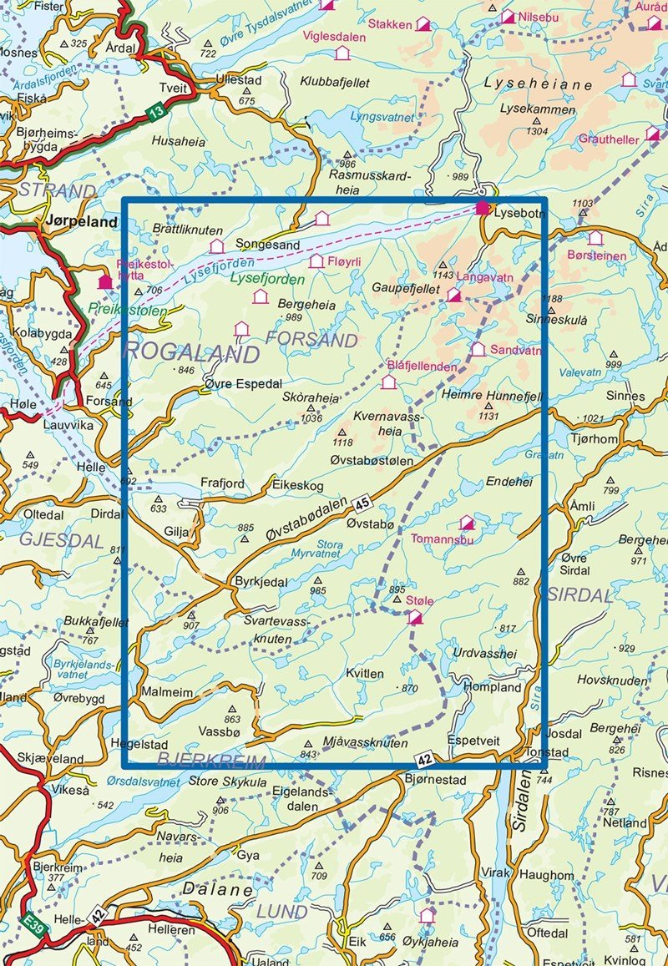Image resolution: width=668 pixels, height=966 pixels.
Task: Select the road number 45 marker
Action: (x=360, y=502)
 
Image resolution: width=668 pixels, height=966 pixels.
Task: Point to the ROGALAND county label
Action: (x=192, y=353)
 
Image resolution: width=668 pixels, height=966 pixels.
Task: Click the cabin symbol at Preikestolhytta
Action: (x=105, y=282)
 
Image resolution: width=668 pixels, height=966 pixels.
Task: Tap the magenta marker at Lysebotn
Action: (x=482, y=208)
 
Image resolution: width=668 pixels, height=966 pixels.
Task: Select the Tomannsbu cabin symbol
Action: (x=467, y=523)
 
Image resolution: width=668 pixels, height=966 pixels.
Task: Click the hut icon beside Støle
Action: (x=414, y=617)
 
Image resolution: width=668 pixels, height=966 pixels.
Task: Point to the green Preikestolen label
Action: (x=127, y=310)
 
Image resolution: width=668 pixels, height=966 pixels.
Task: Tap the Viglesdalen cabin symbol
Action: (x=342, y=53)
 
